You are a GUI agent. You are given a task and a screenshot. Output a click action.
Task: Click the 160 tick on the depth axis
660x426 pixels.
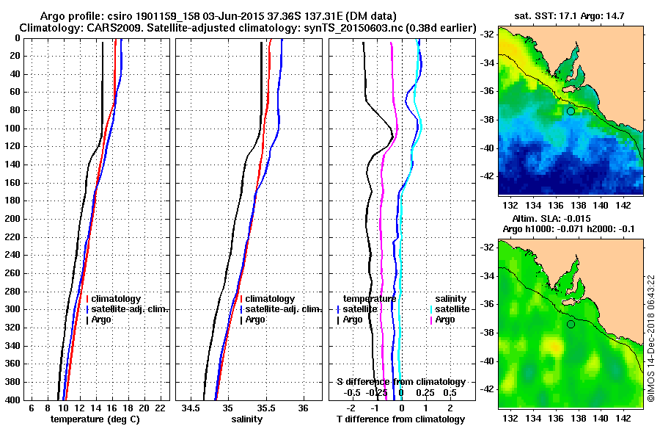point(15,182)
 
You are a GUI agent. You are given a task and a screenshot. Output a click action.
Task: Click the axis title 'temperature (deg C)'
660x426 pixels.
point(95,419)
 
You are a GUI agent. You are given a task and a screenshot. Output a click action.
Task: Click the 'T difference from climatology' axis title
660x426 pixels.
point(400,419)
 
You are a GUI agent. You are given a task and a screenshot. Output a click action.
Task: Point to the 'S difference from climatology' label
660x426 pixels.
point(400,382)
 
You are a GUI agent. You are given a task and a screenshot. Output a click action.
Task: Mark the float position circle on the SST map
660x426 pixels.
point(571,111)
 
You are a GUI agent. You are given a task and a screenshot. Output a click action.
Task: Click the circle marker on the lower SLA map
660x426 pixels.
point(571,324)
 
